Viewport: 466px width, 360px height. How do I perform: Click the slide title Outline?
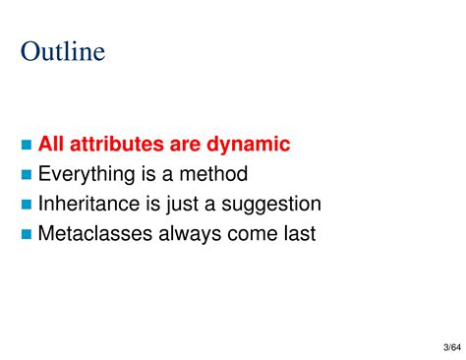point(62,51)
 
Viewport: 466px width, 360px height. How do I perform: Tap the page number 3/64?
point(442,348)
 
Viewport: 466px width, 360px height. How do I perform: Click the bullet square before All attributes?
point(27,146)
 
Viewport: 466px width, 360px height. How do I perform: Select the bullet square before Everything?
point(27,175)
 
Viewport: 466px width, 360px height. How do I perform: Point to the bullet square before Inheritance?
point(27,205)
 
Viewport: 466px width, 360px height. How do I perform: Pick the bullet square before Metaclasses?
point(27,235)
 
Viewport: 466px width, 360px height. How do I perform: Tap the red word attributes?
point(116,145)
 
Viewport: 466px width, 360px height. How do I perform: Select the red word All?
point(51,145)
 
